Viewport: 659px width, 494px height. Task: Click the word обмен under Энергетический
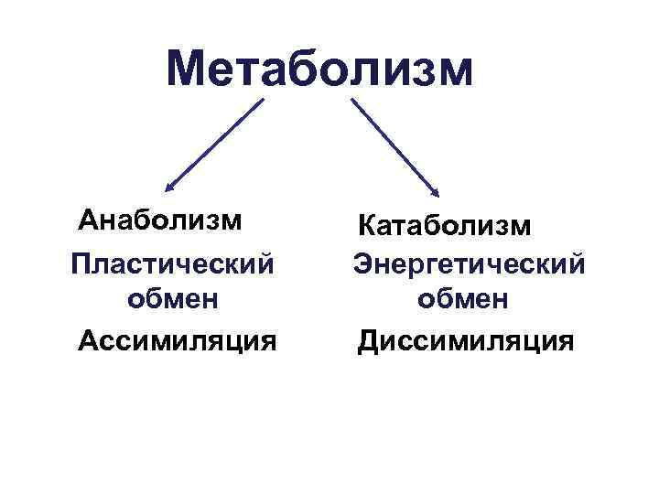coord(463,299)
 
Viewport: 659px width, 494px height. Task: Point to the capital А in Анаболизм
coord(88,220)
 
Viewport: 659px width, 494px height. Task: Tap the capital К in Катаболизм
coord(367,223)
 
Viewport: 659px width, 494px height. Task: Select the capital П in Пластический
coord(81,263)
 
